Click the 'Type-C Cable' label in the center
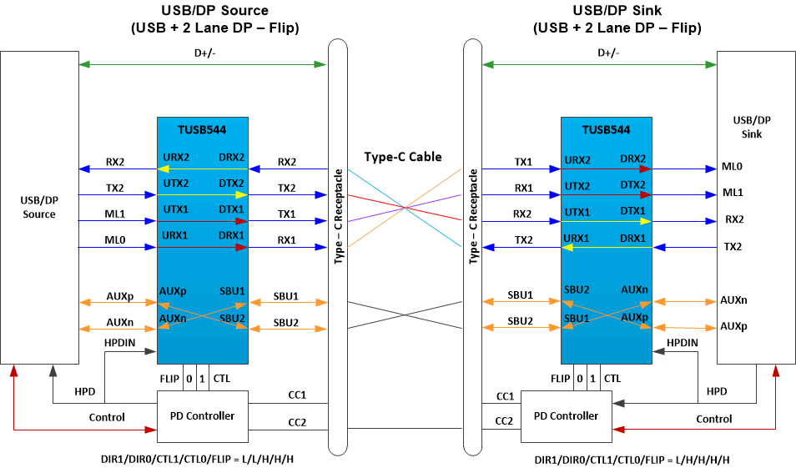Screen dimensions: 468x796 pos(403,157)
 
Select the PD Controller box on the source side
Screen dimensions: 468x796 pos(202,415)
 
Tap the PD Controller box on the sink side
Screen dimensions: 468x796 pos(565,415)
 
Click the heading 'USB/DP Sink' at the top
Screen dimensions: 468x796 pos(617,11)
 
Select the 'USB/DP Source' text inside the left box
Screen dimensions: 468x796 pos(39,208)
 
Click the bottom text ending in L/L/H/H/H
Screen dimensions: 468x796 pos(202,460)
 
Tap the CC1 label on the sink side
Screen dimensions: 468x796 pos(505,396)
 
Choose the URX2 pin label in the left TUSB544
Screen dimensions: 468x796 pos(176,158)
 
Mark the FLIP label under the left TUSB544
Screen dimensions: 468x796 pos(169,379)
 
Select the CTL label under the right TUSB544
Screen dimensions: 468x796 pos(612,379)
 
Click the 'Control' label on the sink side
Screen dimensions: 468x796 pos(713,419)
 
